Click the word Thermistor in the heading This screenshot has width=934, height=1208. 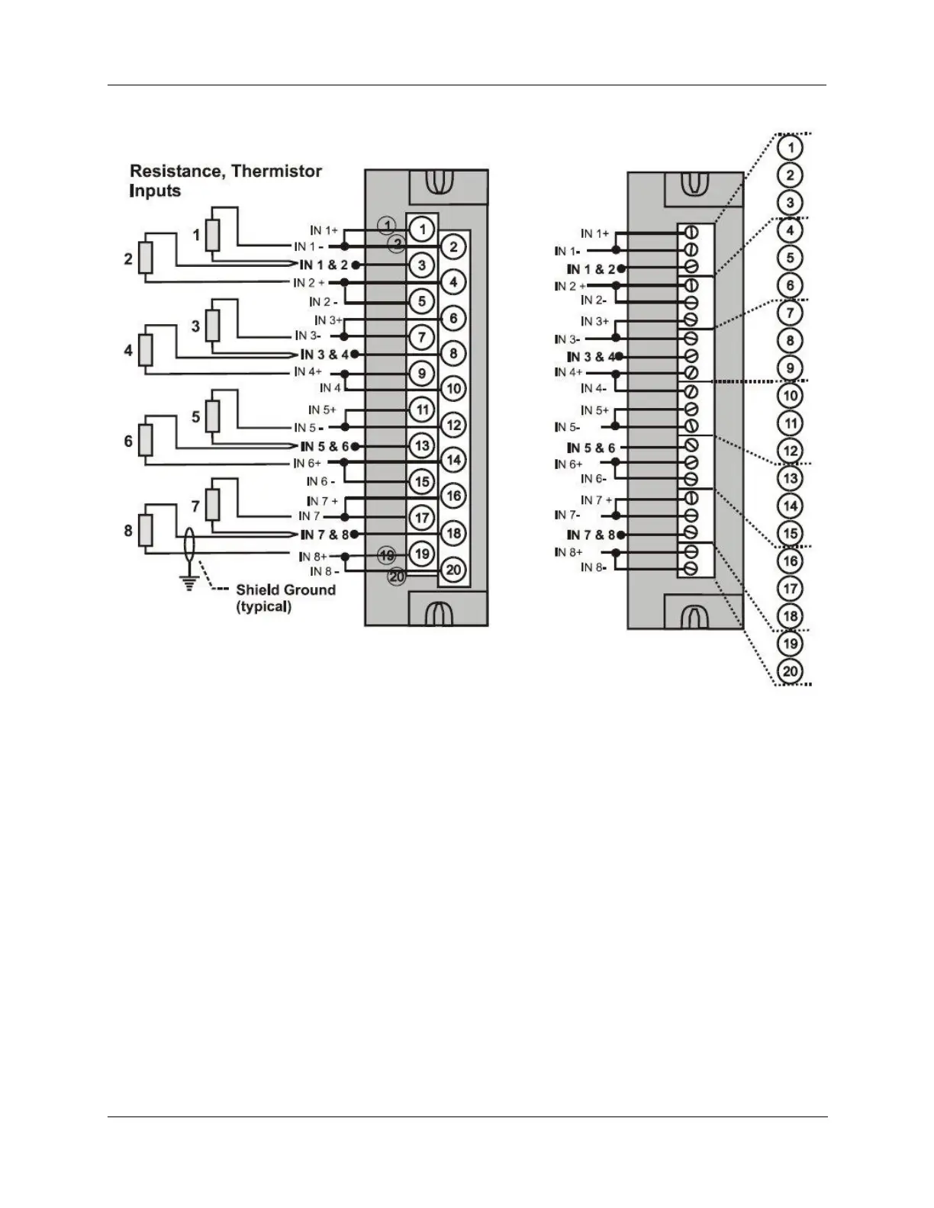click(276, 172)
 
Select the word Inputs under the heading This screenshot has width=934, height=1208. click(155, 191)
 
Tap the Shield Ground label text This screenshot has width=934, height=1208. click(285, 590)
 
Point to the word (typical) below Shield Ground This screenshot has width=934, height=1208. click(263, 607)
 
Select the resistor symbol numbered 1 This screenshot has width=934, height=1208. click(214, 235)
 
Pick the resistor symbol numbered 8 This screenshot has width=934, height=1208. click(147, 531)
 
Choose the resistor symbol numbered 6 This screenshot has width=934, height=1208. click(147, 441)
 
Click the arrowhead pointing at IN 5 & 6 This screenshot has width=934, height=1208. click(296, 446)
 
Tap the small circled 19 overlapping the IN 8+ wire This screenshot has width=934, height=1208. click(387, 554)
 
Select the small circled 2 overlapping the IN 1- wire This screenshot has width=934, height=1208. click(396, 243)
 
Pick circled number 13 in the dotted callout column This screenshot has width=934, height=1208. click(791, 478)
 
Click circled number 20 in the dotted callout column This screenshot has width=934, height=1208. click(791, 671)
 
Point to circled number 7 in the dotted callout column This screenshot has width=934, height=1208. click(791, 313)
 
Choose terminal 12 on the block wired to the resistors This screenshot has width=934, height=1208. click(453, 425)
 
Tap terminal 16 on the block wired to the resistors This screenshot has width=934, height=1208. click(453, 496)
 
